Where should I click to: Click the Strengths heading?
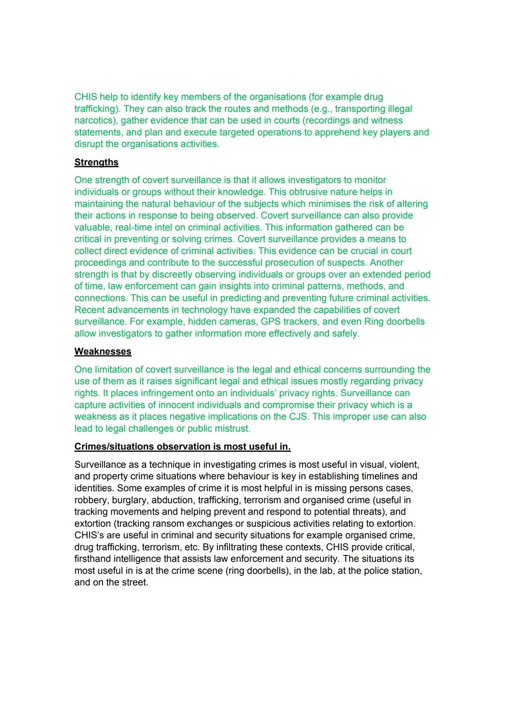pyautogui.click(x=96, y=162)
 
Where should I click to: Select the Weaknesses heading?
pyautogui.click(x=103, y=352)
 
